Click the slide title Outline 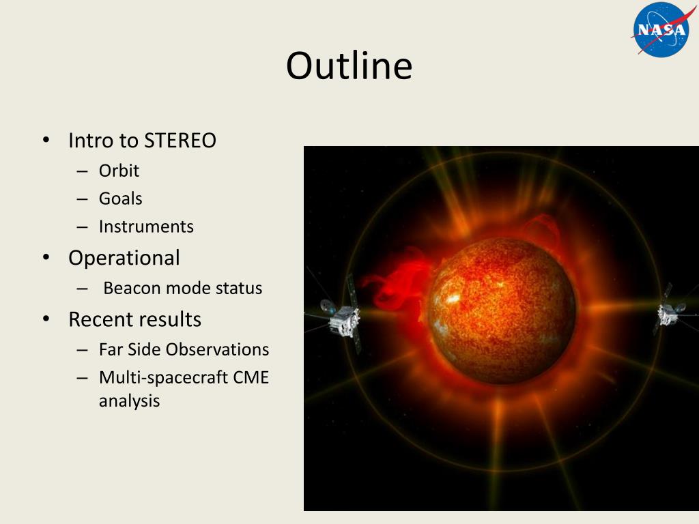(x=349, y=65)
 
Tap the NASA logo (x=662, y=29)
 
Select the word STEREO (x=180, y=141)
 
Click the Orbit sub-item (x=119, y=171)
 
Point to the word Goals (x=120, y=199)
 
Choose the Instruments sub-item (x=146, y=227)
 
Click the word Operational (x=124, y=258)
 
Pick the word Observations (x=217, y=349)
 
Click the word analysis (x=129, y=401)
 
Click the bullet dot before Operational (x=46, y=257)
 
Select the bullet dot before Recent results (x=46, y=319)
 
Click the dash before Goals (x=82, y=199)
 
